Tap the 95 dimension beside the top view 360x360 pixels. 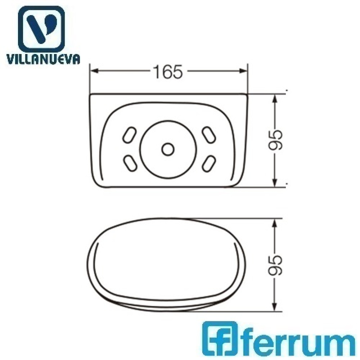pos(275,140)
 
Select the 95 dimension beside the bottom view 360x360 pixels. pos(275,265)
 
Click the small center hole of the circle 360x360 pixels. pos(168,149)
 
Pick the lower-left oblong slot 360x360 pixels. pos(130,163)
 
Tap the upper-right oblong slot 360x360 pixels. pos(209,135)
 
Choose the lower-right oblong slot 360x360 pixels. pos(209,164)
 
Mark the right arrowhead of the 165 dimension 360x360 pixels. pos(242,71)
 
